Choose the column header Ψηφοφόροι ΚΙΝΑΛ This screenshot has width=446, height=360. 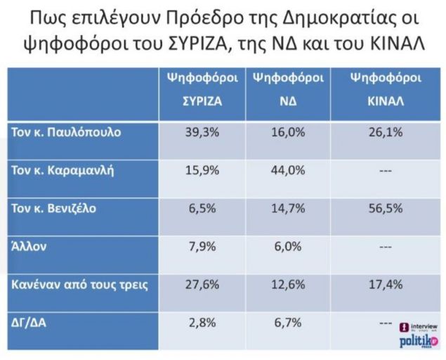click(x=384, y=89)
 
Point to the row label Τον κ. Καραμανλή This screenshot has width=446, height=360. click(x=61, y=171)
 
